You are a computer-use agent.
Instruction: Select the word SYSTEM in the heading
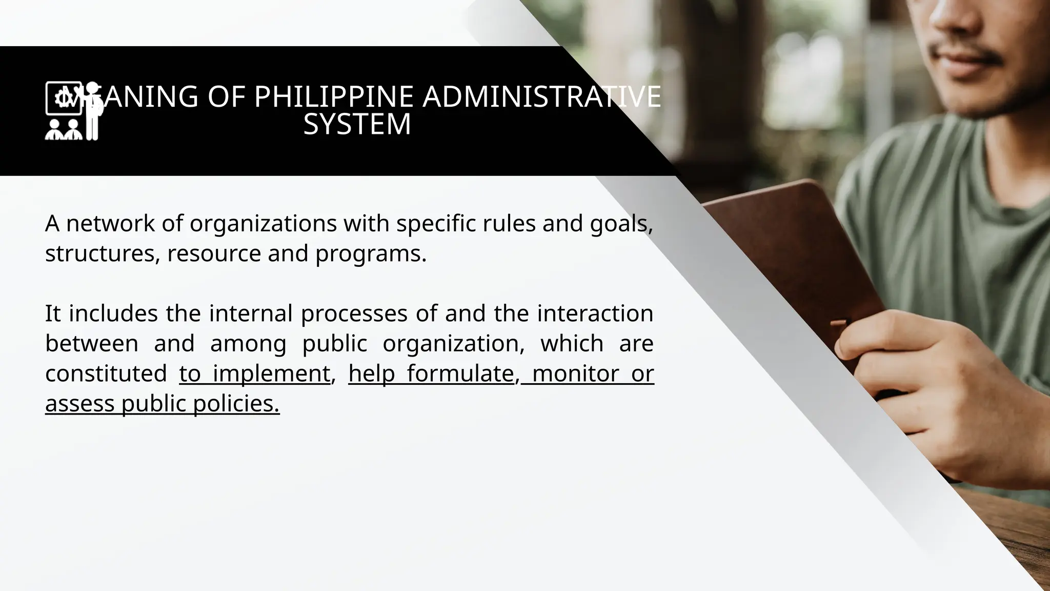click(x=357, y=124)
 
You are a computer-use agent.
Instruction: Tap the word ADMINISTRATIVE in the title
click(x=541, y=96)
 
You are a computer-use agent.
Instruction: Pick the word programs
click(x=371, y=253)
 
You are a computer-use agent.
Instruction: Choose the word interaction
click(x=595, y=313)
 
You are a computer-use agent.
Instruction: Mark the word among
click(x=248, y=343)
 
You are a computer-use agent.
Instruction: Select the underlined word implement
click(x=271, y=373)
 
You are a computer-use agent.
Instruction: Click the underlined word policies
click(x=236, y=404)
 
